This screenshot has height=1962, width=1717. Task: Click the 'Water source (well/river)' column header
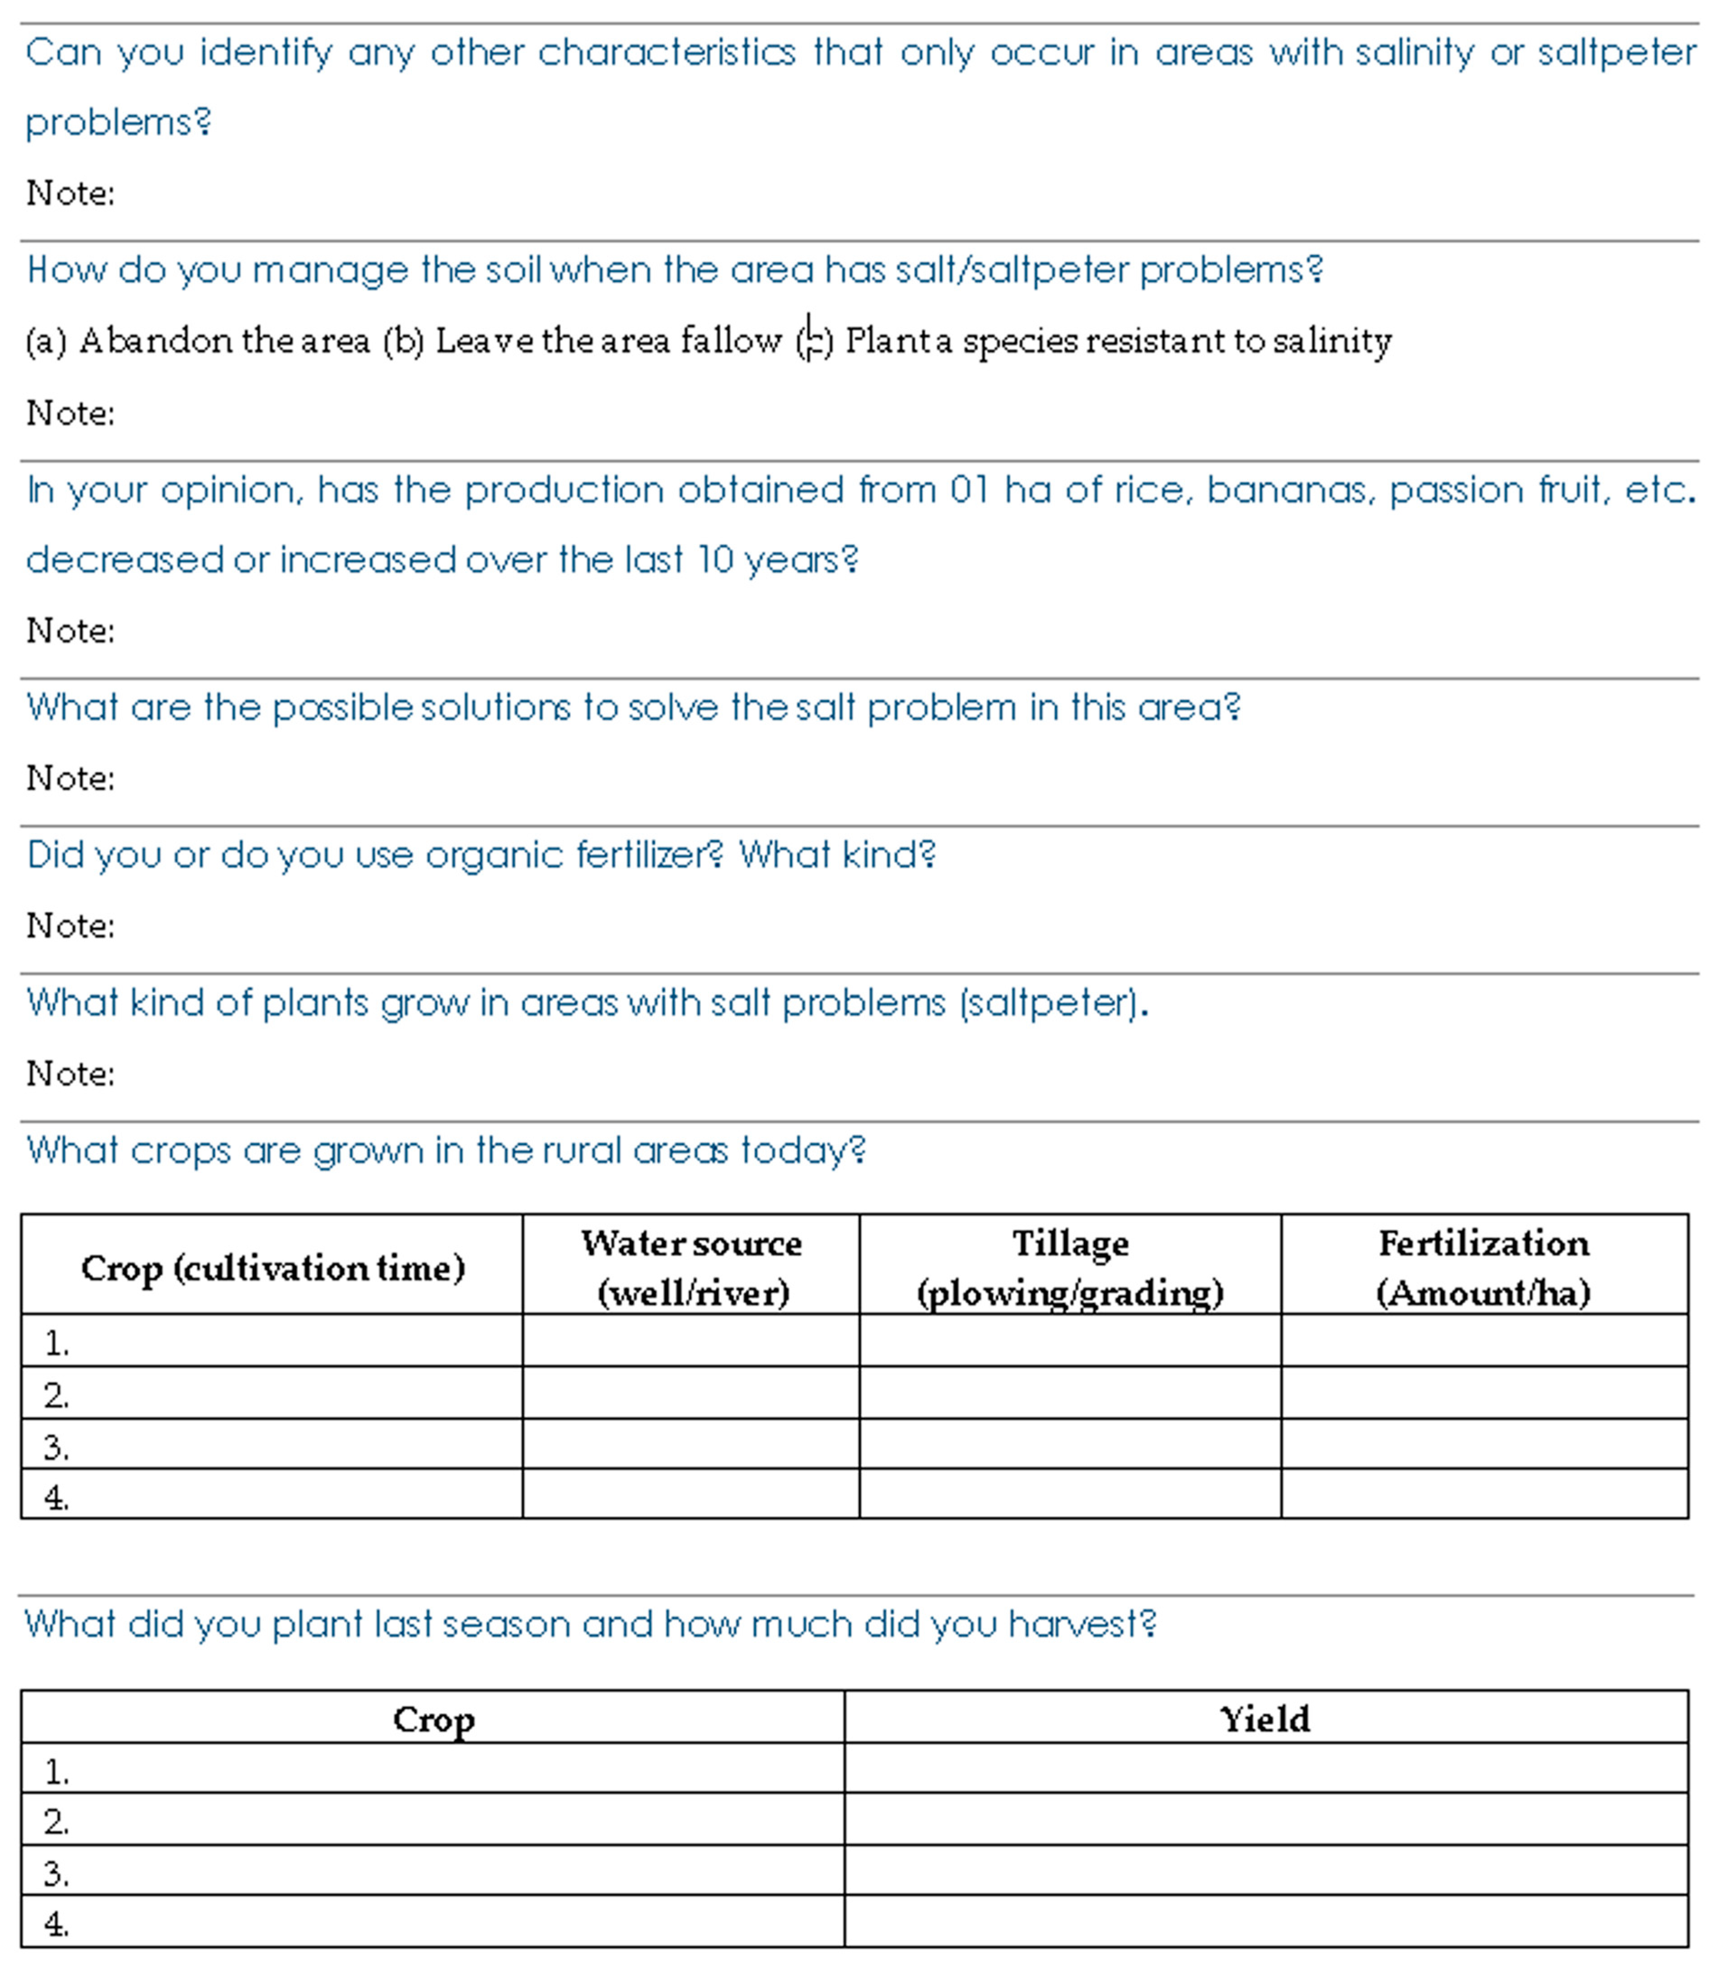(x=691, y=1267)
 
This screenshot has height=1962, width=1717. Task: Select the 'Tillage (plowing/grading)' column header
(x=1070, y=1267)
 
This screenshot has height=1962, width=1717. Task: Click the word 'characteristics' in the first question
(x=666, y=53)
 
